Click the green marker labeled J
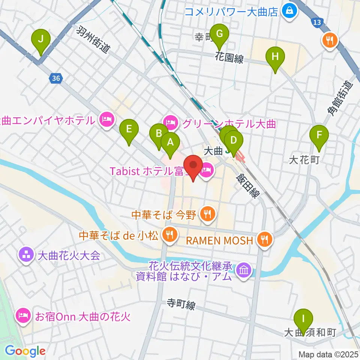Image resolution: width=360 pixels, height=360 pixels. (x=41, y=39)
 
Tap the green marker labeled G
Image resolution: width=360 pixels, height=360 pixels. (x=220, y=34)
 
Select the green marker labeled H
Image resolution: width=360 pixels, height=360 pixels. (x=275, y=57)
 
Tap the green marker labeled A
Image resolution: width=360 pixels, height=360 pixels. (x=170, y=142)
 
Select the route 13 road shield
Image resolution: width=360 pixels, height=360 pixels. (x=317, y=23)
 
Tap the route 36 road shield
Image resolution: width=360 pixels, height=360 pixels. (x=56, y=78)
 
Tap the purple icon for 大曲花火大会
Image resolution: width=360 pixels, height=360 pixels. (x=26, y=256)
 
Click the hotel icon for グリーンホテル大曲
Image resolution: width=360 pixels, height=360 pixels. (x=170, y=122)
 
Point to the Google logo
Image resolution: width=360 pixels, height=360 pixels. (x=25, y=351)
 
